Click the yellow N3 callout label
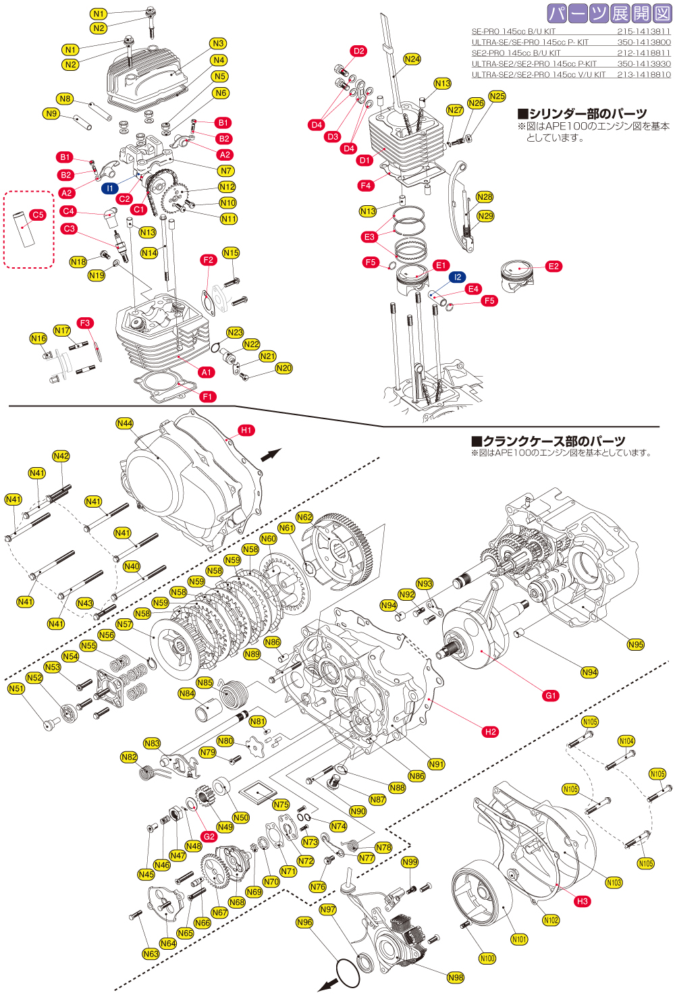218,44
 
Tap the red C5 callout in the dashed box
38,215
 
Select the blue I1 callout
110,188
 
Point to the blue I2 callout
458,277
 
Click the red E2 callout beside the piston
553,267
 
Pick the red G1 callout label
551,696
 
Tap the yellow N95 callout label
636,645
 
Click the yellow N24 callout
412,59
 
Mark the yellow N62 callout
304,517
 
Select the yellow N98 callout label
456,977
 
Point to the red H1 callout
246,430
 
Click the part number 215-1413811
643,31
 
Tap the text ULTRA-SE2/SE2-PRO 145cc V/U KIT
538,74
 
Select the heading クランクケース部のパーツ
548,441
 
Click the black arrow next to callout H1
271,455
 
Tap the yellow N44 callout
125,423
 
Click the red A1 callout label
207,372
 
